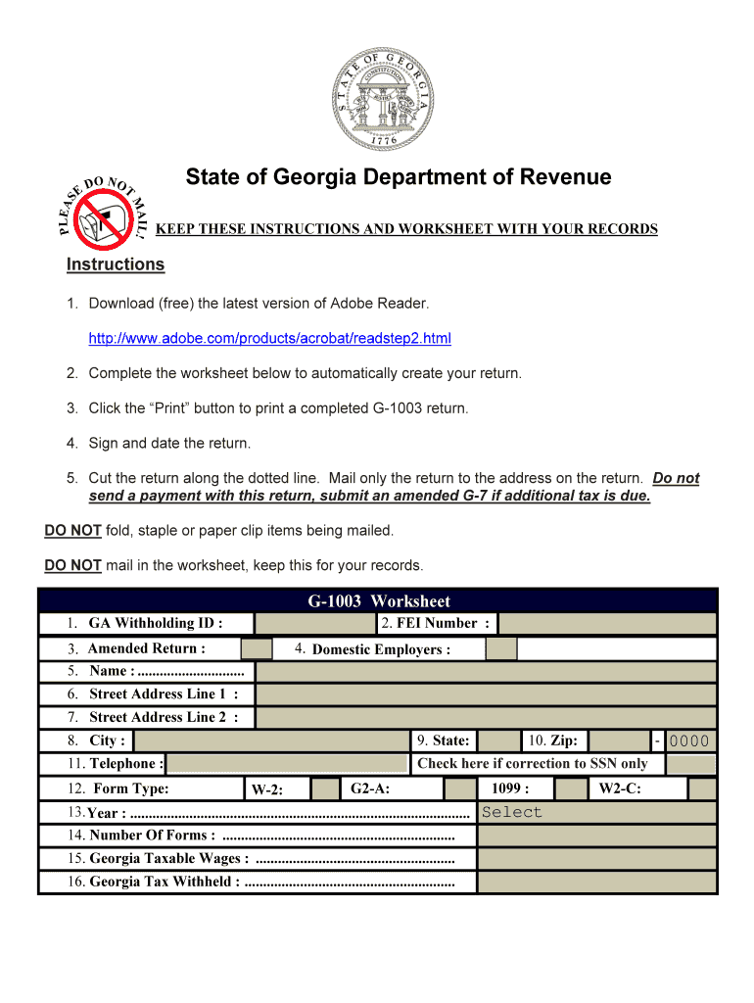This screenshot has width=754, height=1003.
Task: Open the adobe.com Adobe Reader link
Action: [269, 339]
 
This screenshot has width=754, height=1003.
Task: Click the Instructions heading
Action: [116, 264]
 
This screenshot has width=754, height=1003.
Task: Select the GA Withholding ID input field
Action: [314, 624]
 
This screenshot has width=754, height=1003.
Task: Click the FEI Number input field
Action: [607, 624]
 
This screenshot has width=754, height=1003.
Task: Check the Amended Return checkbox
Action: [257, 648]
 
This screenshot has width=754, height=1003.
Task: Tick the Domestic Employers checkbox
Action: [501, 648]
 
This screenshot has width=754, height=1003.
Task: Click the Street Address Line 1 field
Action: [486, 694]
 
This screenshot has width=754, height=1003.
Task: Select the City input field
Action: [271, 741]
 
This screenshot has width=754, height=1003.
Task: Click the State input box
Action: [500, 741]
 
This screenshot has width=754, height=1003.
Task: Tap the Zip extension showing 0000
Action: [688, 741]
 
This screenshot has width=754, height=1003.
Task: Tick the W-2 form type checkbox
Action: [325, 789]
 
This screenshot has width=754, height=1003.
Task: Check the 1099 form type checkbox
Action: [570, 789]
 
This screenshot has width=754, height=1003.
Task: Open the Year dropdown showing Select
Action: [597, 812]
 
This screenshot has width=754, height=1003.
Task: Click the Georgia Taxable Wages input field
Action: [597, 858]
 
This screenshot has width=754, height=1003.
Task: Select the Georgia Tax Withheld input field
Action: [597, 882]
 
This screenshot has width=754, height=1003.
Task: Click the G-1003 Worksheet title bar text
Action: [379, 601]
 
